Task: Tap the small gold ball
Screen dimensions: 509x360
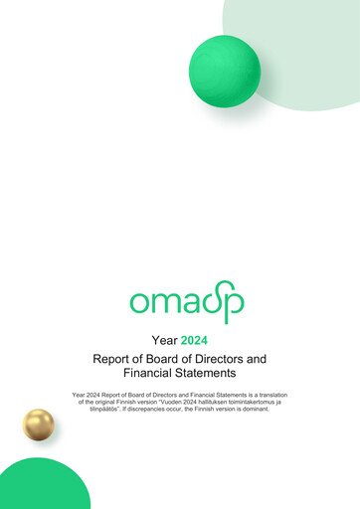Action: point(39,424)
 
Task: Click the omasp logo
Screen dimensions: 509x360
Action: point(186,301)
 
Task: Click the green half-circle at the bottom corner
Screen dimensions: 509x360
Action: point(40,487)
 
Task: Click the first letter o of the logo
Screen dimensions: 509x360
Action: point(139,301)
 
